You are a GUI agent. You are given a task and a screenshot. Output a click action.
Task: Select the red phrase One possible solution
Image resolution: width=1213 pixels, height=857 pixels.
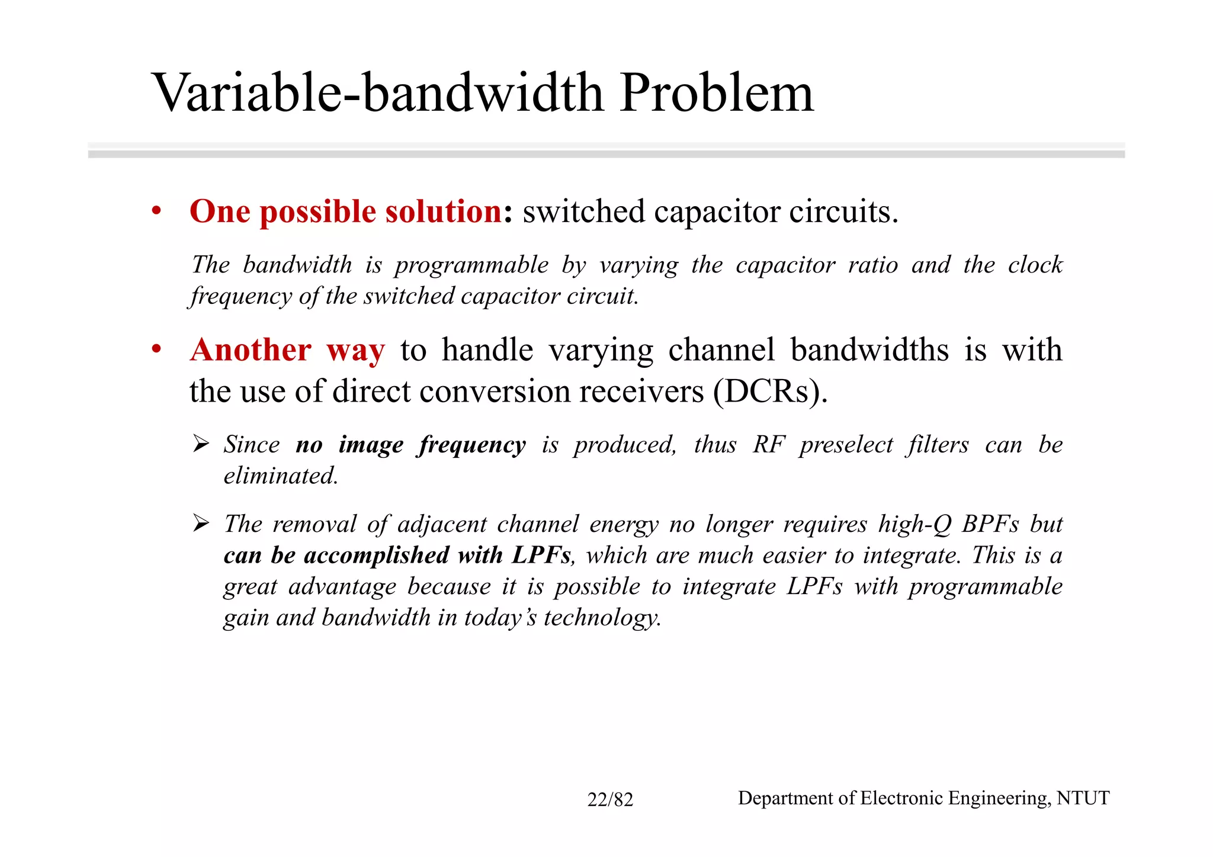pos(346,212)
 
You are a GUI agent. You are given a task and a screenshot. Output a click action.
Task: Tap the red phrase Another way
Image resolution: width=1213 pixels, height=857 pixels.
pos(287,350)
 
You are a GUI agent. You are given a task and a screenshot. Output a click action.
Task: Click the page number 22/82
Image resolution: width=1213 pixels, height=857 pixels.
pos(610,800)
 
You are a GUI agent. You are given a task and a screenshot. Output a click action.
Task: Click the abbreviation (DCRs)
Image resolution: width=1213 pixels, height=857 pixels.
pos(770,391)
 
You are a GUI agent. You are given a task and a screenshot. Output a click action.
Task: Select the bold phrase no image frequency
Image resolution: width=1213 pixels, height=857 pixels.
pos(410,445)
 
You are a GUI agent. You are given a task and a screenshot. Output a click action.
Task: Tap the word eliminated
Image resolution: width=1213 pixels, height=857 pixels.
pos(281,476)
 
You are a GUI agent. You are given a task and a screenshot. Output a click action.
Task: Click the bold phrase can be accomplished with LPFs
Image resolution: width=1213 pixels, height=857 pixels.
pos(397,556)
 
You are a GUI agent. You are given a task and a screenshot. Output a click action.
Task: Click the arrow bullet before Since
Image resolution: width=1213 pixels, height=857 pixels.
pos(201,444)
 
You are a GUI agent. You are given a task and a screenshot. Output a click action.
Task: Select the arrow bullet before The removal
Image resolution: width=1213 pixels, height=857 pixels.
pos(201,524)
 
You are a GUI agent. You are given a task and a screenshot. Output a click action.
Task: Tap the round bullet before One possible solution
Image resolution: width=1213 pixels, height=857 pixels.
pos(156,211)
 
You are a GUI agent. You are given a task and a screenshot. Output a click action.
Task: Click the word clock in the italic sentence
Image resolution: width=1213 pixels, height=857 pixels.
pos(1035,265)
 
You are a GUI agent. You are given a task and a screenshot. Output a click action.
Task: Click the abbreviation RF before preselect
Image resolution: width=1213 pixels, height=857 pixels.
pos(769,445)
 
